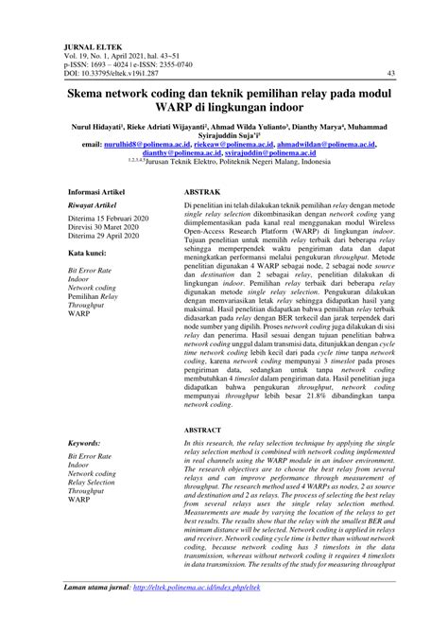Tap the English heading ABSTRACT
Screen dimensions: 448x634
point(204,431)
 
